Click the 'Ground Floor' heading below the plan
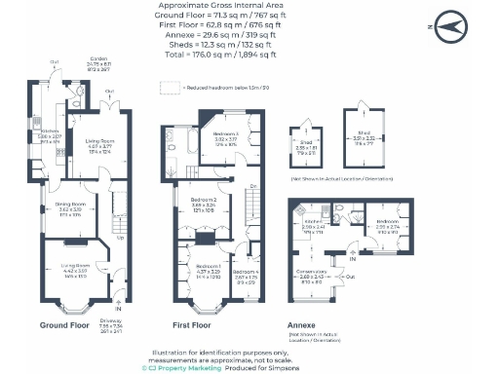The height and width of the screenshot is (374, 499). click(67, 324)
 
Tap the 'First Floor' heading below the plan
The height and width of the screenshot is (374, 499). click(194, 324)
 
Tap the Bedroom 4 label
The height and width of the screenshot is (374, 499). click(227, 136)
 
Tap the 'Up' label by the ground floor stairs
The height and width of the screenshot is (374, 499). click(121, 238)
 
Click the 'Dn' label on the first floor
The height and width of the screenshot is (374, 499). click(252, 185)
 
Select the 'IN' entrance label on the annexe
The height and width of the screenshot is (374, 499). click(352, 257)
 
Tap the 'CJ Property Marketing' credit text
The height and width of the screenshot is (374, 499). click(182, 368)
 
